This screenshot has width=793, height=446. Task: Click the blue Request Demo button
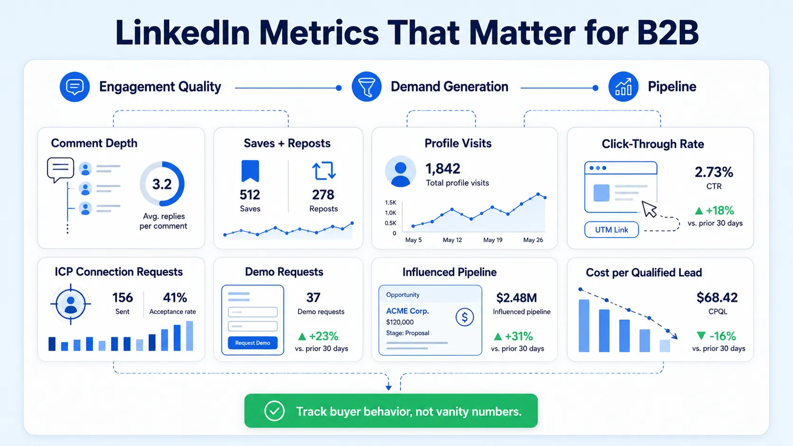pyautogui.click(x=252, y=343)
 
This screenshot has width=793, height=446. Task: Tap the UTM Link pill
pyautogui.click(x=611, y=229)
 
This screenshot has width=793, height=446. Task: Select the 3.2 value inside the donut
pyautogui.click(x=162, y=184)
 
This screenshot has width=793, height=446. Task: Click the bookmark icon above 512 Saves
pyautogui.click(x=250, y=171)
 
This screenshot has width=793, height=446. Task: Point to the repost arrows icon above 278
pyautogui.click(x=323, y=171)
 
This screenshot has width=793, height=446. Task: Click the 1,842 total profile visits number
pyautogui.click(x=443, y=169)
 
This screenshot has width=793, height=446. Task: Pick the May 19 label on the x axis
pyautogui.click(x=493, y=240)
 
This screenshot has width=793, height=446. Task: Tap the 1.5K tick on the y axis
pyautogui.click(x=390, y=203)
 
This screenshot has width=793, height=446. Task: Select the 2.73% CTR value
pyautogui.click(x=714, y=172)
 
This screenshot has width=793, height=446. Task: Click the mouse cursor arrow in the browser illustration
pyautogui.click(x=649, y=209)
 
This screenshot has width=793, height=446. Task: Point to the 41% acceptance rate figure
pyautogui.click(x=175, y=298)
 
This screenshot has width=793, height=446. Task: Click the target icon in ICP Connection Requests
pyautogui.click(x=71, y=304)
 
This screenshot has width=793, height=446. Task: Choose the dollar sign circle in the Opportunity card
pyautogui.click(x=464, y=317)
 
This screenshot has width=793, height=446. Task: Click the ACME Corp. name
pyautogui.click(x=407, y=311)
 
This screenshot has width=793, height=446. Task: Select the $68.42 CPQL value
pyautogui.click(x=717, y=298)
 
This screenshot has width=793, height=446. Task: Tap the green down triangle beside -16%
pyautogui.click(x=701, y=335)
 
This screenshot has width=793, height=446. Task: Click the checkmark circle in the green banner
pyautogui.click(x=274, y=411)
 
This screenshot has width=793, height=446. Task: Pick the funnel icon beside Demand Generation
pyautogui.click(x=367, y=87)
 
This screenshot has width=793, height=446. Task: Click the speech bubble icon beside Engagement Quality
pyautogui.click(x=74, y=87)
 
